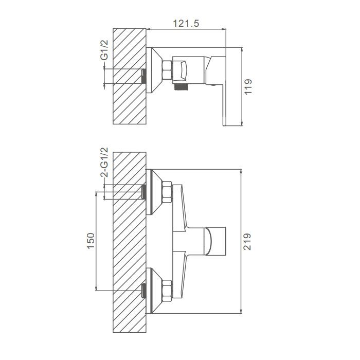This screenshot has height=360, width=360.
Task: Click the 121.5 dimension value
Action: pos(186,24)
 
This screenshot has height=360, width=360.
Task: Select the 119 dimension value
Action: pos(248,86)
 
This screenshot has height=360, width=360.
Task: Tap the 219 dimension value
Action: pos(247,242)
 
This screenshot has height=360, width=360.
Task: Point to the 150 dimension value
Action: pos(91,241)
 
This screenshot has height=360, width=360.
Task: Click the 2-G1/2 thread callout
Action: pos(104,162)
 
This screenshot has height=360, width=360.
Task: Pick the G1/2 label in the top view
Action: pos(104,50)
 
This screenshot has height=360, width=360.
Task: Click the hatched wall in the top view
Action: pos(130,76)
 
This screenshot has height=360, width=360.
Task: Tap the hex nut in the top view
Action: pos(167,70)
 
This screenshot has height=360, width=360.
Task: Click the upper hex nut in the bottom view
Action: pos(167,192)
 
